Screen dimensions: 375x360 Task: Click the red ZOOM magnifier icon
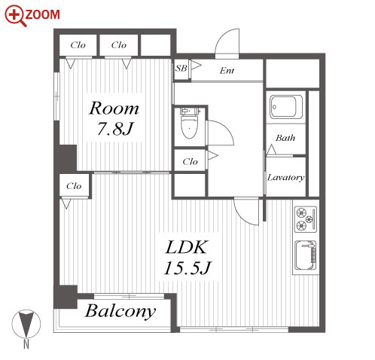[15, 16]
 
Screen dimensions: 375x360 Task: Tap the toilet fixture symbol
[189, 123]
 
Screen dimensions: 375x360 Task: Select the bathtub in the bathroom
[286, 106]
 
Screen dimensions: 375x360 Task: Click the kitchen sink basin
[305, 255]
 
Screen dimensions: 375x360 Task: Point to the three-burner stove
[306, 219]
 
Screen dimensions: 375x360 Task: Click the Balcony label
[120, 311]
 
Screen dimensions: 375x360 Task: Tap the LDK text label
[187, 247]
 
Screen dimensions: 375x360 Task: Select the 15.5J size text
[187, 268]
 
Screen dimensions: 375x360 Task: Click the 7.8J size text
[114, 129]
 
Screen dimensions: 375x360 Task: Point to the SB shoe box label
[181, 69]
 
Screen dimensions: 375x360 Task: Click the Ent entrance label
[227, 71]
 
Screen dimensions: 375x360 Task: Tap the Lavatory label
[286, 178]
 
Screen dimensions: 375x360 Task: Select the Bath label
[285, 138]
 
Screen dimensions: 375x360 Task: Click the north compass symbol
[26, 324]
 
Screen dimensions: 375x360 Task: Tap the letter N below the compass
[26, 344]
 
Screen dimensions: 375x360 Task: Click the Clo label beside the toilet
[191, 162]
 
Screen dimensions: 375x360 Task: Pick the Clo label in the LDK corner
[74, 186]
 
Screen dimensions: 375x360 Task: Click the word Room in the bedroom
[114, 108]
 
